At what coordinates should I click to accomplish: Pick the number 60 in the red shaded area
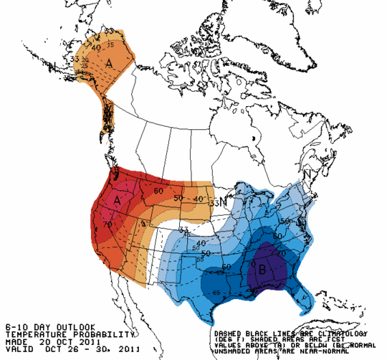click(x=158, y=191)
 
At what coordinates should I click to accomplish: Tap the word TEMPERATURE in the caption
click(x=33, y=334)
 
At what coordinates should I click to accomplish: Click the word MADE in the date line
click(x=15, y=341)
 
